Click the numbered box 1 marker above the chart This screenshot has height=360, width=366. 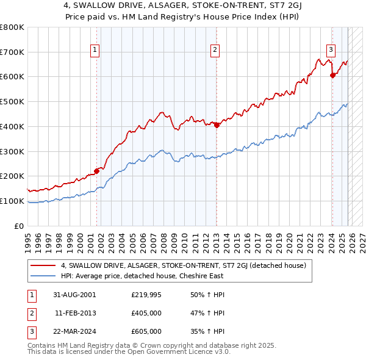pyautogui.click(x=96, y=51)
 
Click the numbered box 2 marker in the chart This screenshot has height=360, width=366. pyautogui.click(x=215, y=51)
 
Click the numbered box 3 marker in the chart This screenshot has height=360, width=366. pyautogui.click(x=331, y=51)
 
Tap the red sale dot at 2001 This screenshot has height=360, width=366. pyautogui.click(x=96, y=171)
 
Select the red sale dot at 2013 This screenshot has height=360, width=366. pyautogui.click(x=217, y=125)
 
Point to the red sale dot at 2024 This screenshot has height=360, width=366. pyautogui.click(x=332, y=75)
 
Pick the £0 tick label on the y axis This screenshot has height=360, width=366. pyautogui.click(x=20, y=226)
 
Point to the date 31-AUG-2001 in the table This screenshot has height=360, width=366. pyautogui.click(x=74, y=295)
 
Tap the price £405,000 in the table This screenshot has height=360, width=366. pyautogui.click(x=146, y=313)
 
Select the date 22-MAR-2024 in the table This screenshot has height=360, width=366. pyautogui.click(x=74, y=331)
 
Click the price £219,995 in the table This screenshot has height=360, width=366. pyautogui.click(x=146, y=295)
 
